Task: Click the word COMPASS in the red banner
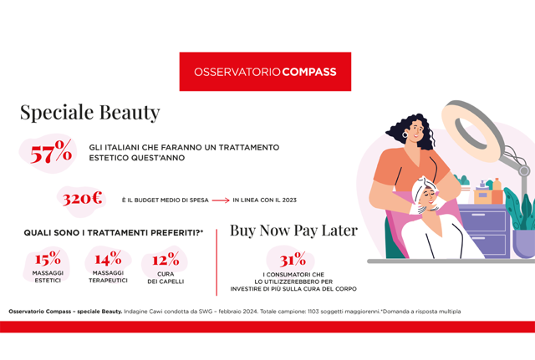pyautogui.click(x=309, y=72)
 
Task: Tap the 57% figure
pyautogui.click(x=51, y=152)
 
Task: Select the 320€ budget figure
pyautogui.click(x=82, y=199)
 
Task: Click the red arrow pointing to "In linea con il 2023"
pyautogui.click(x=221, y=200)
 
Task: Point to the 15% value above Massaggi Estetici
pyautogui.click(x=48, y=258)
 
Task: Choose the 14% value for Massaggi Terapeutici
pyautogui.click(x=108, y=258)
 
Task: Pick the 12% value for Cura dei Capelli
pyautogui.click(x=166, y=259)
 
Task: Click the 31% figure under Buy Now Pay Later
pyautogui.click(x=293, y=260)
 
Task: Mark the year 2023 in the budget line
pyautogui.click(x=289, y=200)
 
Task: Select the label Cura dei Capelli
pyautogui.click(x=166, y=277)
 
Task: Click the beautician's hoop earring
pyautogui.click(x=405, y=134)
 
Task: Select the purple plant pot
pyautogui.click(x=524, y=243)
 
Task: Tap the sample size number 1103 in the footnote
pyautogui.click(x=313, y=312)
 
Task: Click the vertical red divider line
pyautogui.click(x=217, y=262)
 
